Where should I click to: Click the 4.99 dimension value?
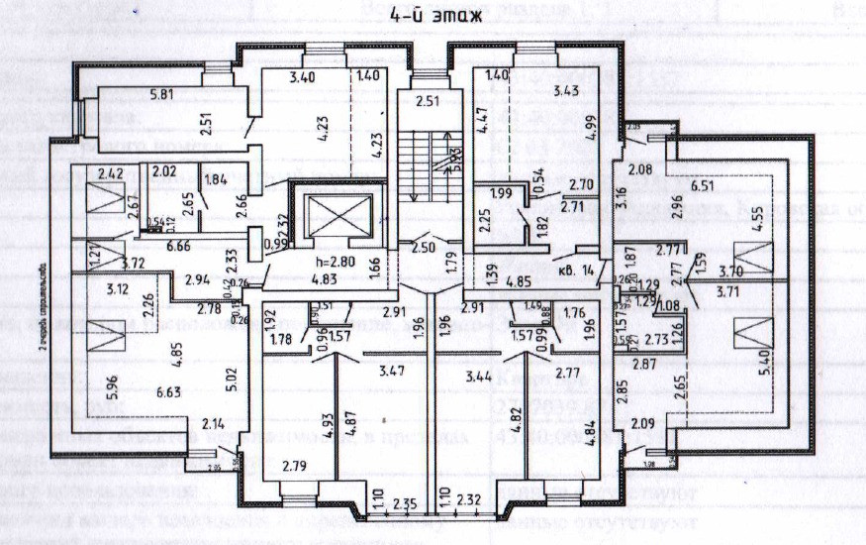point(593,131)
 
